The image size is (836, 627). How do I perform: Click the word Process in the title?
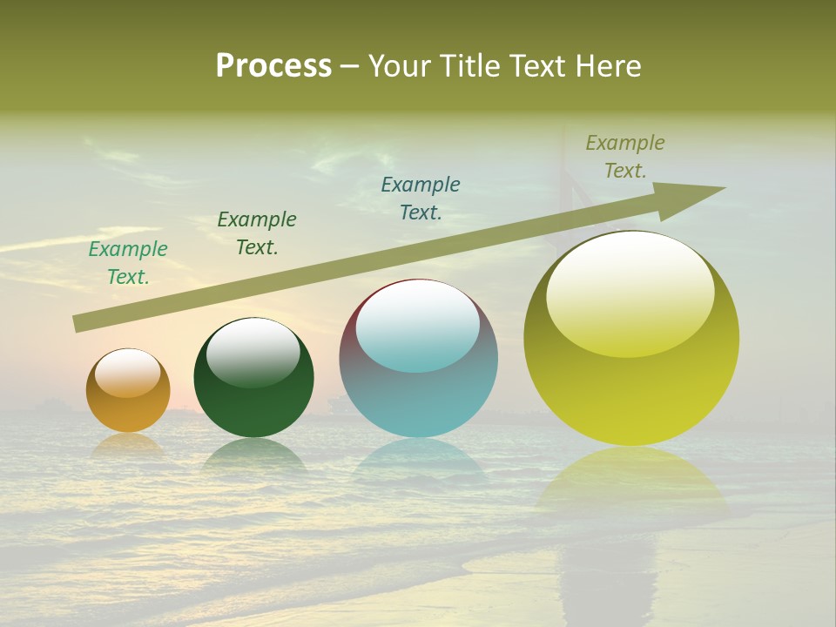pyautogui.click(x=273, y=66)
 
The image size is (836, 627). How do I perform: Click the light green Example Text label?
pyautogui.click(x=128, y=263)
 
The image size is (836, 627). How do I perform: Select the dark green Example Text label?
pyautogui.click(x=257, y=233)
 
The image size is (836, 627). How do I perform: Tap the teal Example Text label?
pyautogui.click(x=421, y=198)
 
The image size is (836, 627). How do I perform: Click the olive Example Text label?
pyautogui.click(x=625, y=157)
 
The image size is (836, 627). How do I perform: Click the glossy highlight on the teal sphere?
pyautogui.click(x=417, y=324)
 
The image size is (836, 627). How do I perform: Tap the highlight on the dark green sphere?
pyautogui.click(x=253, y=351)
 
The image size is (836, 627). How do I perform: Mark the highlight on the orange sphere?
pyautogui.click(x=127, y=372)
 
